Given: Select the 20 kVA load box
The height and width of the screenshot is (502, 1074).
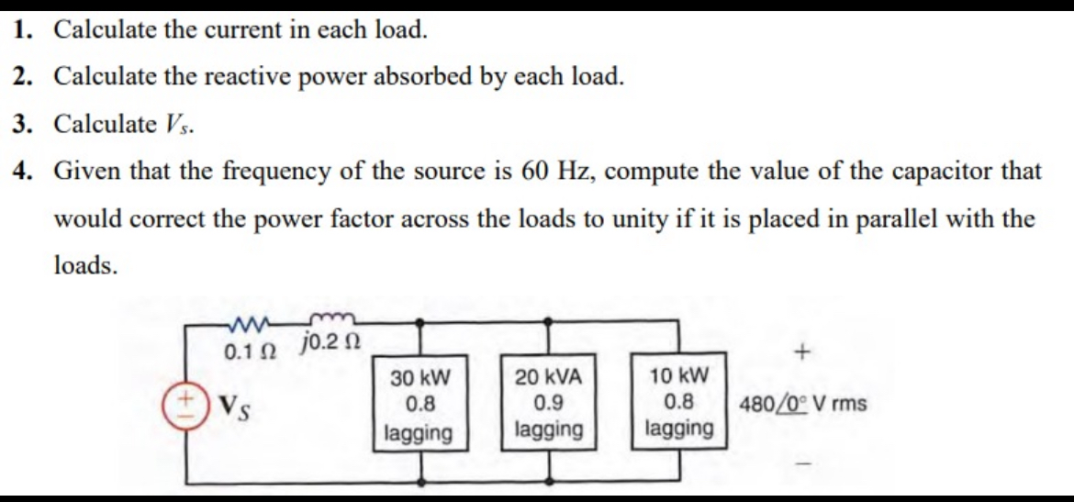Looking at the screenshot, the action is point(549,403).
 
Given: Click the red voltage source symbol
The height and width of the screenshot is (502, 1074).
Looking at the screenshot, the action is point(181,404).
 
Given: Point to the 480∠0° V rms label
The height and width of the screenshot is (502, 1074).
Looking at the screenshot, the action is point(802,404).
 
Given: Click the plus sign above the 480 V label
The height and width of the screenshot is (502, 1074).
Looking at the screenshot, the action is point(804,351).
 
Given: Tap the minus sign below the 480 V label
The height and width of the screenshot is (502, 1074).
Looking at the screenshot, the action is point(804,468).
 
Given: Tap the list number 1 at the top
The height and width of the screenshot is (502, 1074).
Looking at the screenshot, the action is point(21,28).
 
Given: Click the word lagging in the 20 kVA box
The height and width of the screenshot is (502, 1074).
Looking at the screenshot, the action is point(549,429).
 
